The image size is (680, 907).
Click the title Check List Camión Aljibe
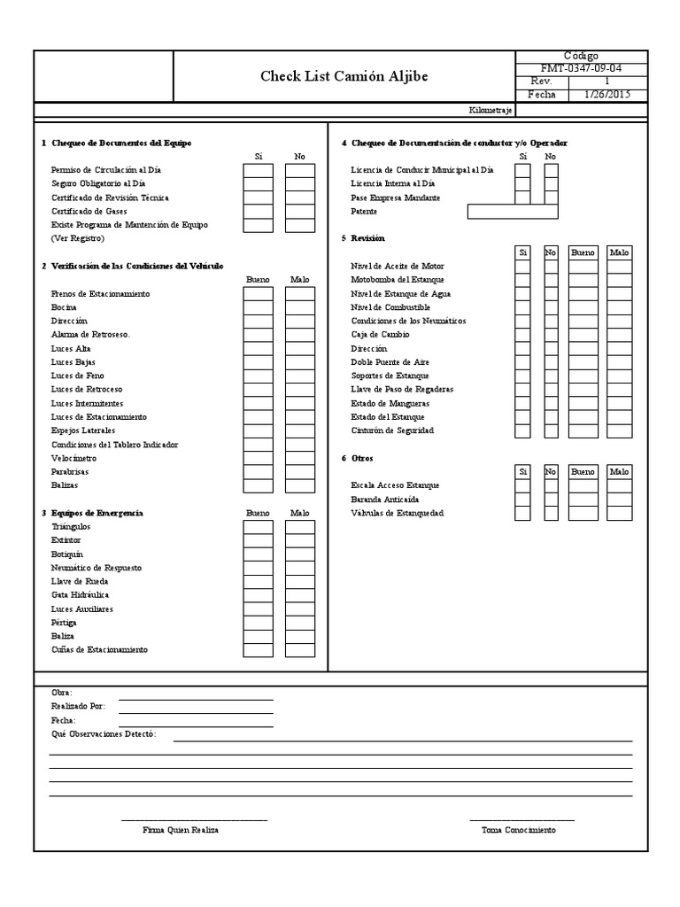(344, 76)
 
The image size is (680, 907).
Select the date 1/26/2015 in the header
(607, 95)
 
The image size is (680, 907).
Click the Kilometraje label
(490, 111)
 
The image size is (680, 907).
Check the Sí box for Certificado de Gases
(259, 211)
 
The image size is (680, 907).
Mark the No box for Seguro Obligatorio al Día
(300, 183)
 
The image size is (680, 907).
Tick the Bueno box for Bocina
(259, 306)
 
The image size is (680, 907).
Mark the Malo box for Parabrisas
(300, 471)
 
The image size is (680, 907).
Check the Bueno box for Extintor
(259, 540)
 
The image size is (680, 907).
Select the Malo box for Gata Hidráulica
(300, 595)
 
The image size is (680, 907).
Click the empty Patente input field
(513, 212)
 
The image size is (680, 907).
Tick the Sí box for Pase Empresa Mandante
(522, 198)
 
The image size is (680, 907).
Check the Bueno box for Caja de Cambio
(583, 335)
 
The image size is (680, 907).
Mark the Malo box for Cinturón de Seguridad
(619, 430)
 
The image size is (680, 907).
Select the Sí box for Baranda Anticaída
(522, 500)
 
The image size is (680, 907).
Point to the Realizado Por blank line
(196, 707)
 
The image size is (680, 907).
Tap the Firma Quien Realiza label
(181, 831)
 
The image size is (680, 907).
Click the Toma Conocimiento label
(519, 831)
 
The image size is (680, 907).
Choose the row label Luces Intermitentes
(87, 403)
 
